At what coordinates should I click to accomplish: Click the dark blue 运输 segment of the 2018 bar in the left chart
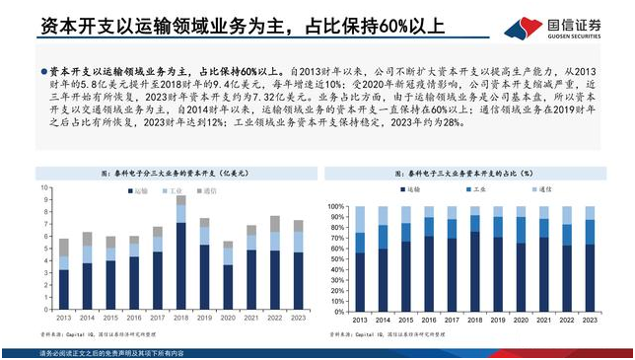click(180, 266)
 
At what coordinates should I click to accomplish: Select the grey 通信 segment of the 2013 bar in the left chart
click(63, 247)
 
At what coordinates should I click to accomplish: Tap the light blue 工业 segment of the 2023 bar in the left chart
click(298, 242)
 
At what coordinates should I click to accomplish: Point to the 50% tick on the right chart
click(335, 258)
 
